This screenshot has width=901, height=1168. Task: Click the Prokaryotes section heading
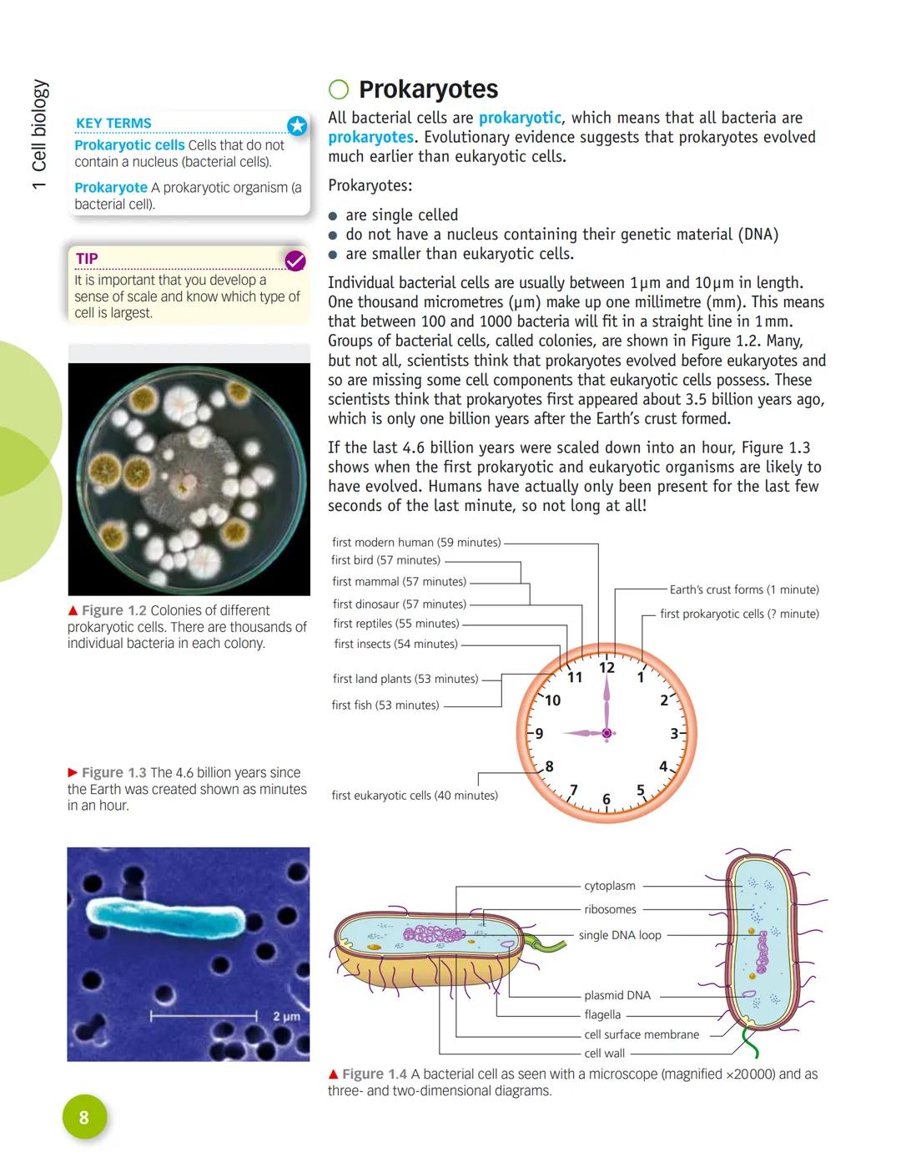pyautogui.click(x=428, y=89)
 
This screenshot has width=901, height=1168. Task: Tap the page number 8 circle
pyautogui.click(x=84, y=1117)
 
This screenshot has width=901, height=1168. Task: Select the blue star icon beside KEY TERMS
pyautogui.click(x=297, y=126)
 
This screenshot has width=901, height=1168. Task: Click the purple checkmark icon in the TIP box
pyautogui.click(x=295, y=261)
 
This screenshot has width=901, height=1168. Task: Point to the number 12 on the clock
pyautogui.click(x=607, y=667)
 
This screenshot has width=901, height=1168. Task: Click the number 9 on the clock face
pyautogui.click(x=539, y=734)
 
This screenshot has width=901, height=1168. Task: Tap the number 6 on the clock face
pyautogui.click(x=607, y=799)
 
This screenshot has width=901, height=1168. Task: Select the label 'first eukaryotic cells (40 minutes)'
pyautogui.click(x=415, y=796)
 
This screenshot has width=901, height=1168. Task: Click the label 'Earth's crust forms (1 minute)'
pyautogui.click(x=744, y=589)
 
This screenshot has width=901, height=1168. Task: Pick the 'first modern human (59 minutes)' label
pyautogui.click(x=416, y=543)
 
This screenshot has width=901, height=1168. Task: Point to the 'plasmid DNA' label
pyautogui.click(x=617, y=995)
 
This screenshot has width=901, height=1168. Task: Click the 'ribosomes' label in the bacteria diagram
pyautogui.click(x=610, y=909)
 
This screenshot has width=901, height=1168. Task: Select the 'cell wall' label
pyautogui.click(x=604, y=1054)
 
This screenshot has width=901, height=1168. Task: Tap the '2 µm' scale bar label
pyautogui.click(x=286, y=1017)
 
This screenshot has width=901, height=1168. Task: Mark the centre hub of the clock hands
pyautogui.click(x=607, y=733)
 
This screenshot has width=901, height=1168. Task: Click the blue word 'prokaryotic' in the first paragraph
pyautogui.click(x=520, y=118)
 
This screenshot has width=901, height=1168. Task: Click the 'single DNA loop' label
pyautogui.click(x=620, y=935)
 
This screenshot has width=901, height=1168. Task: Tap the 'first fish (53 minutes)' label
pyautogui.click(x=385, y=705)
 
